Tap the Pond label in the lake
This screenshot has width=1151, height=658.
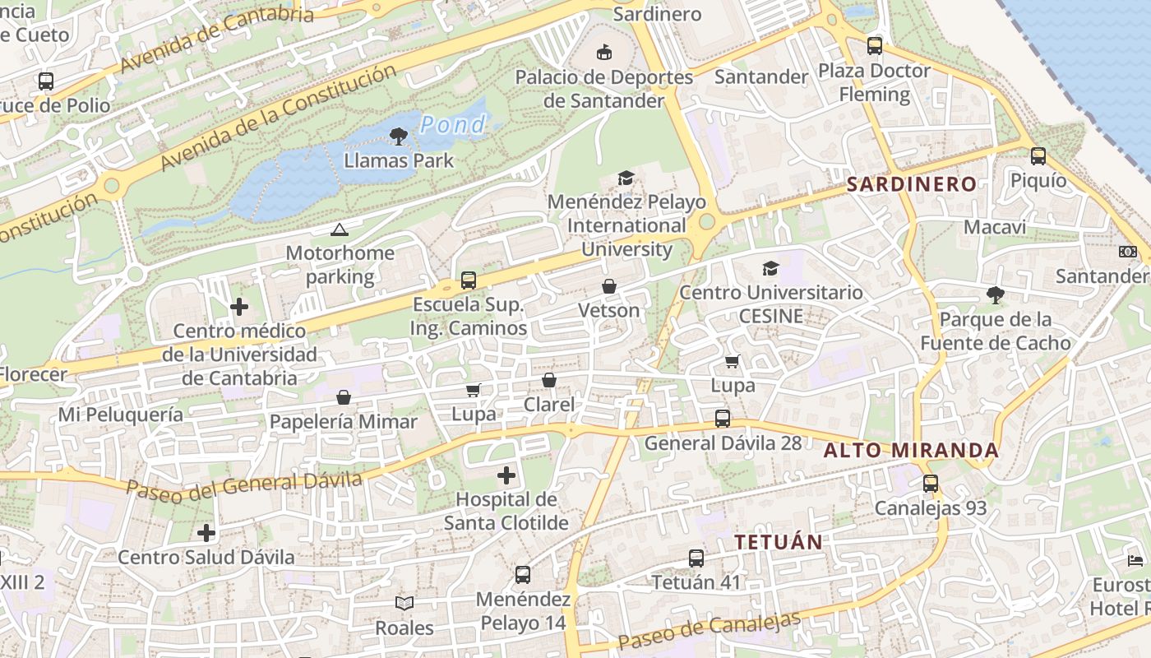[452, 125]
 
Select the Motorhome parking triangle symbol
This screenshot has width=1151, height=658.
[340, 229]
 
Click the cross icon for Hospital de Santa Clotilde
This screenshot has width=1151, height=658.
[506, 475]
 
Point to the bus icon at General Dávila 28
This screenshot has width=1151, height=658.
[723, 419]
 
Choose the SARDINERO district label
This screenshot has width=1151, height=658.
[912, 184]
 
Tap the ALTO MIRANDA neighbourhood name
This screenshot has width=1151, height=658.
[912, 451]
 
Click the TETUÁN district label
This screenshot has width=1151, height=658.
[779, 542]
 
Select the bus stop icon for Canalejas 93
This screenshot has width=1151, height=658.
[931, 484]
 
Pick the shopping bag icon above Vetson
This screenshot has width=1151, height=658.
[609, 286]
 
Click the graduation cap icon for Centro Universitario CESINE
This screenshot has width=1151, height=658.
[770, 268]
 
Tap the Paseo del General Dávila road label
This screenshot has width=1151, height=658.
[244, 484]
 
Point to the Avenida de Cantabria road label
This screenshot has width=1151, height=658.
[217, 38]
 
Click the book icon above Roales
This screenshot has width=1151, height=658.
[404, 604]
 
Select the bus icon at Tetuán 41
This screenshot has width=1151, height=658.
[696, 558]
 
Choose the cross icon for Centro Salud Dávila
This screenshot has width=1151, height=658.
[206, 533]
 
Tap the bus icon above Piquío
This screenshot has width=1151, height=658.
[1038, 156]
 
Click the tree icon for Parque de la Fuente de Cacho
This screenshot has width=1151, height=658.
[996, 294]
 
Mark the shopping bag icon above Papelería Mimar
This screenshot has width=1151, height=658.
[344, 398]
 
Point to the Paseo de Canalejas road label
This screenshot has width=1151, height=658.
[709, 631]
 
